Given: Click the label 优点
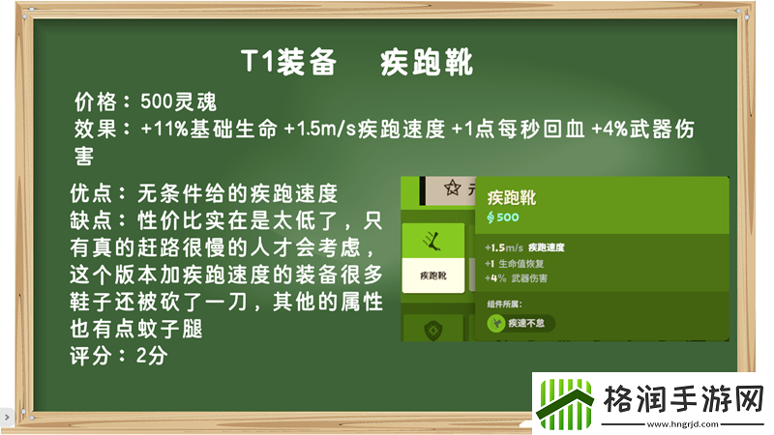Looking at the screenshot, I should click(95, 190).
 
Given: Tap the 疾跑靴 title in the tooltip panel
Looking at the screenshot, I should click(512, 198).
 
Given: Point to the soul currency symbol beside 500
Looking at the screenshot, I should click(491, 218).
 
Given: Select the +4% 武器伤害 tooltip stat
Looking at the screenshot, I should click(518, 278).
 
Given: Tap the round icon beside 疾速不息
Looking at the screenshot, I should click(495, 322).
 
